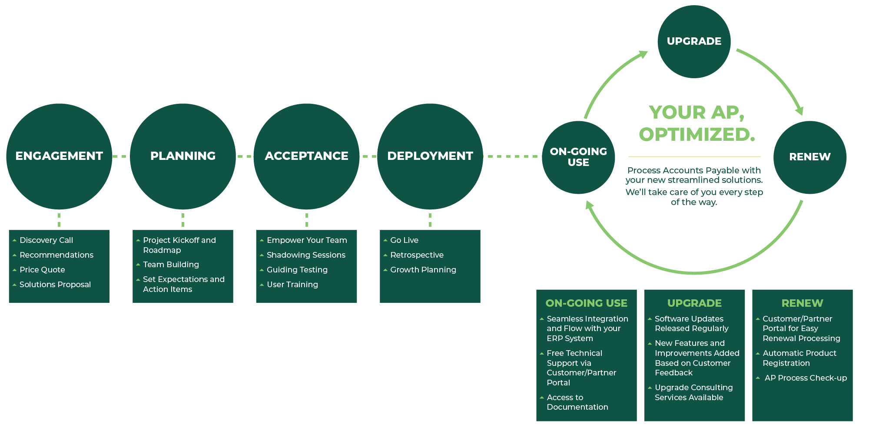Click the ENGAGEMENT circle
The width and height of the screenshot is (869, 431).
pos(59,156)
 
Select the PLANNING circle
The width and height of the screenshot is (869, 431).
pos(183,156)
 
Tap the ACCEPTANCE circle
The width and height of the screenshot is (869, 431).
pos(306,156)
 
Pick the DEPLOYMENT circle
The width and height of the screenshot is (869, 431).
pos(430,156)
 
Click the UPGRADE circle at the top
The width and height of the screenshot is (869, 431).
pos(694,41)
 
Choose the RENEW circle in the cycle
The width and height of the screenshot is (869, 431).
pos(809,157)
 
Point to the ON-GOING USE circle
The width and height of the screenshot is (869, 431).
pos(578,157)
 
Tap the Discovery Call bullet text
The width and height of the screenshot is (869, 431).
pos(46,240)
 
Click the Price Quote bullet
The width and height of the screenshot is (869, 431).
pos(42,270)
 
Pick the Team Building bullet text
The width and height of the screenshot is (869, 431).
pos(171,265)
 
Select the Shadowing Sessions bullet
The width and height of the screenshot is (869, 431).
pos(306,255)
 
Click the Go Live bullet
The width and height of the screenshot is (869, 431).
pos(404,240)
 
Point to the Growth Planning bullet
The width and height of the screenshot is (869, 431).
pos(423,270)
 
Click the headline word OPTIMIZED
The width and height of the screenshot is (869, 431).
pos(697,135)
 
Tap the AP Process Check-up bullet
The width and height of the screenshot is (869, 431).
pos(806,378)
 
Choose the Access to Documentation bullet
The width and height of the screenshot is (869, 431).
pos(577,402)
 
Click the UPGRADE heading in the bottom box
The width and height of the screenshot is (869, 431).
pos(694,303)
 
